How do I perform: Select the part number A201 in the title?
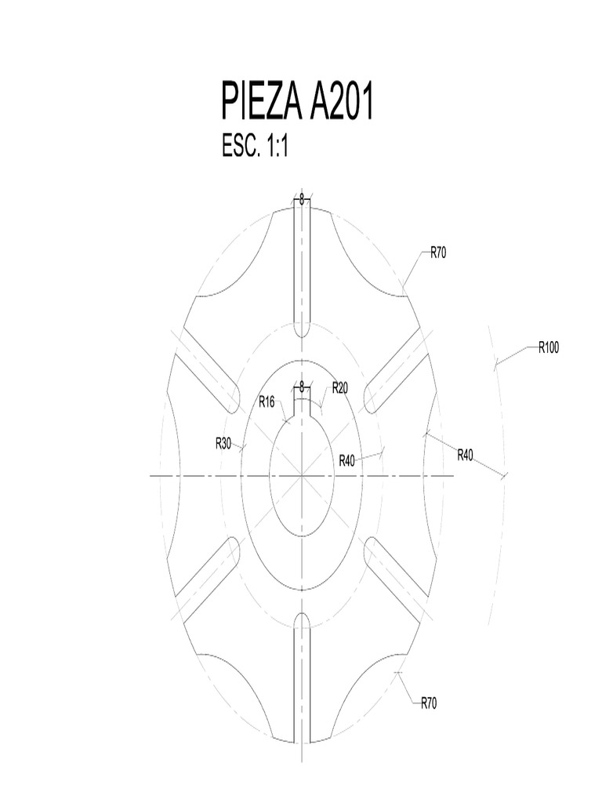tap(341, 104)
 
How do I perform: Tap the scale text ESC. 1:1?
tap(256, 146)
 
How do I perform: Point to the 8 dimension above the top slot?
tap(302, 199)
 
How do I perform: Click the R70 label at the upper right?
tap(438, 253)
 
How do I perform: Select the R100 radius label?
tap(548, 348)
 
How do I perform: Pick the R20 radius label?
tap(339, 387)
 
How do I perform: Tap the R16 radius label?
tap(267, 402)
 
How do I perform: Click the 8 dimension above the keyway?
tap(302, 386)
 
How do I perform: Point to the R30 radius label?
tap(223, 443)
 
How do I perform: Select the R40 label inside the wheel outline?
tap(347, 460)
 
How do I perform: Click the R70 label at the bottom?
tap(429, 703)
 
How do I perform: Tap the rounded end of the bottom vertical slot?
tap(302, 620)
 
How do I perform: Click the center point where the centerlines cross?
tap(302, 475)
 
